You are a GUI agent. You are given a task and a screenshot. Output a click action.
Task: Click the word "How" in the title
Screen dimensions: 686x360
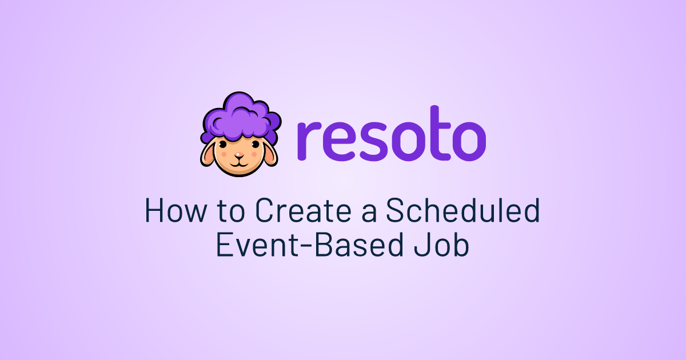[x=176, y=211]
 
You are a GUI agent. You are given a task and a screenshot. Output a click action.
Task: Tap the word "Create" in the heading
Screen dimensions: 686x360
[x=303, y=210]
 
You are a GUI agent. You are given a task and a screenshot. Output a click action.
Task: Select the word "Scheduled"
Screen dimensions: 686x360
[x=462, y=210]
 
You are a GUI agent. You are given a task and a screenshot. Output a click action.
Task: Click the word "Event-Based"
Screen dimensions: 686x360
[x=309, y=245]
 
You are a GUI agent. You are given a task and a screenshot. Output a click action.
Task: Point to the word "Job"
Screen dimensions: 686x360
[x=441, y=245]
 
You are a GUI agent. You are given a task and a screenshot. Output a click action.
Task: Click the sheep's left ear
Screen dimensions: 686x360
[x=208, y=154]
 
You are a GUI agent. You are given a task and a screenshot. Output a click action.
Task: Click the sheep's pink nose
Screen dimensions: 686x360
[x=239, y=155]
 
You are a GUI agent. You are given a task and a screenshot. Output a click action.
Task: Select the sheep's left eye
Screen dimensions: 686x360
[x=224, y=145]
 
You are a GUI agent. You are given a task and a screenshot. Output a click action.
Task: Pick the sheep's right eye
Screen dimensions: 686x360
[x=255, y=145]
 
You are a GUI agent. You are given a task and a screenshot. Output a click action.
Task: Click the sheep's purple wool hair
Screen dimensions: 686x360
[x=241, y=118]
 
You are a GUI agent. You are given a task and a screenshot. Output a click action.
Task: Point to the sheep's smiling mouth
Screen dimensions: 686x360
[x=239, y=163]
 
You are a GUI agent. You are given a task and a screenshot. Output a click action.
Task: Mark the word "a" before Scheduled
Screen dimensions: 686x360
[x=368, y=213]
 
